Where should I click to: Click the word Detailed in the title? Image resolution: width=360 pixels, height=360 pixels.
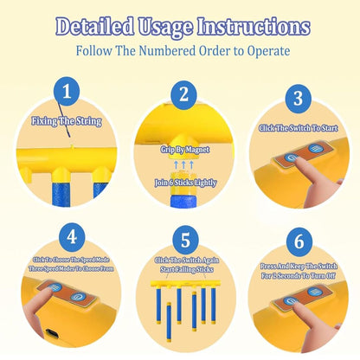tap(94, 27)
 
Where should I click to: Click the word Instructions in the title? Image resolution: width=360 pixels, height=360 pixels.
tap(254, 27)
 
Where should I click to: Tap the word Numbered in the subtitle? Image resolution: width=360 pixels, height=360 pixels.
tap(167, 51)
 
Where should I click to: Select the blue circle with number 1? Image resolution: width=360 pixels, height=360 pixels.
tap(67, 92)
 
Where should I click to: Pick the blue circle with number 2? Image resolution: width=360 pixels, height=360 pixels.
tap(183, 94)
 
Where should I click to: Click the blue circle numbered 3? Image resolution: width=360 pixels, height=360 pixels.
tap(299, 99)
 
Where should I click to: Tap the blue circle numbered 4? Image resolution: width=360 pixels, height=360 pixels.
tap(72, 237)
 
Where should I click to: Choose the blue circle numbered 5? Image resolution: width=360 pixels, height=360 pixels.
tap(185, 240)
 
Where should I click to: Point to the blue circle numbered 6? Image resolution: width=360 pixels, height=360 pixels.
tap(299, 241)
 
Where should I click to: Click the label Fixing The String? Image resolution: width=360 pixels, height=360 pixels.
tap(67, 121)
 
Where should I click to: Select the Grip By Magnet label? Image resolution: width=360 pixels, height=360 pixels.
tap(185, 150)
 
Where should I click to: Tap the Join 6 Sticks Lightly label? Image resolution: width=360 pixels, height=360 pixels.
tap(185, 183)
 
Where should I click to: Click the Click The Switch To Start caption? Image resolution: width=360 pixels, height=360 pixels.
tap(298, 128)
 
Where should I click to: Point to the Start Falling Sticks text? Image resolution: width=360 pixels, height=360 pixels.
tap(187, 269)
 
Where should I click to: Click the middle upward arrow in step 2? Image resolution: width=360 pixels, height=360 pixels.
tap(183, 165)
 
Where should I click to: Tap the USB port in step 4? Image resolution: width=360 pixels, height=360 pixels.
tap(52, 333)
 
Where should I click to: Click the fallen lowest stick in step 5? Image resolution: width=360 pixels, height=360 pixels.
tap(169, 322)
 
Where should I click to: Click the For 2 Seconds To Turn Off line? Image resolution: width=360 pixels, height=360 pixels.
tap(299, 276)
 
